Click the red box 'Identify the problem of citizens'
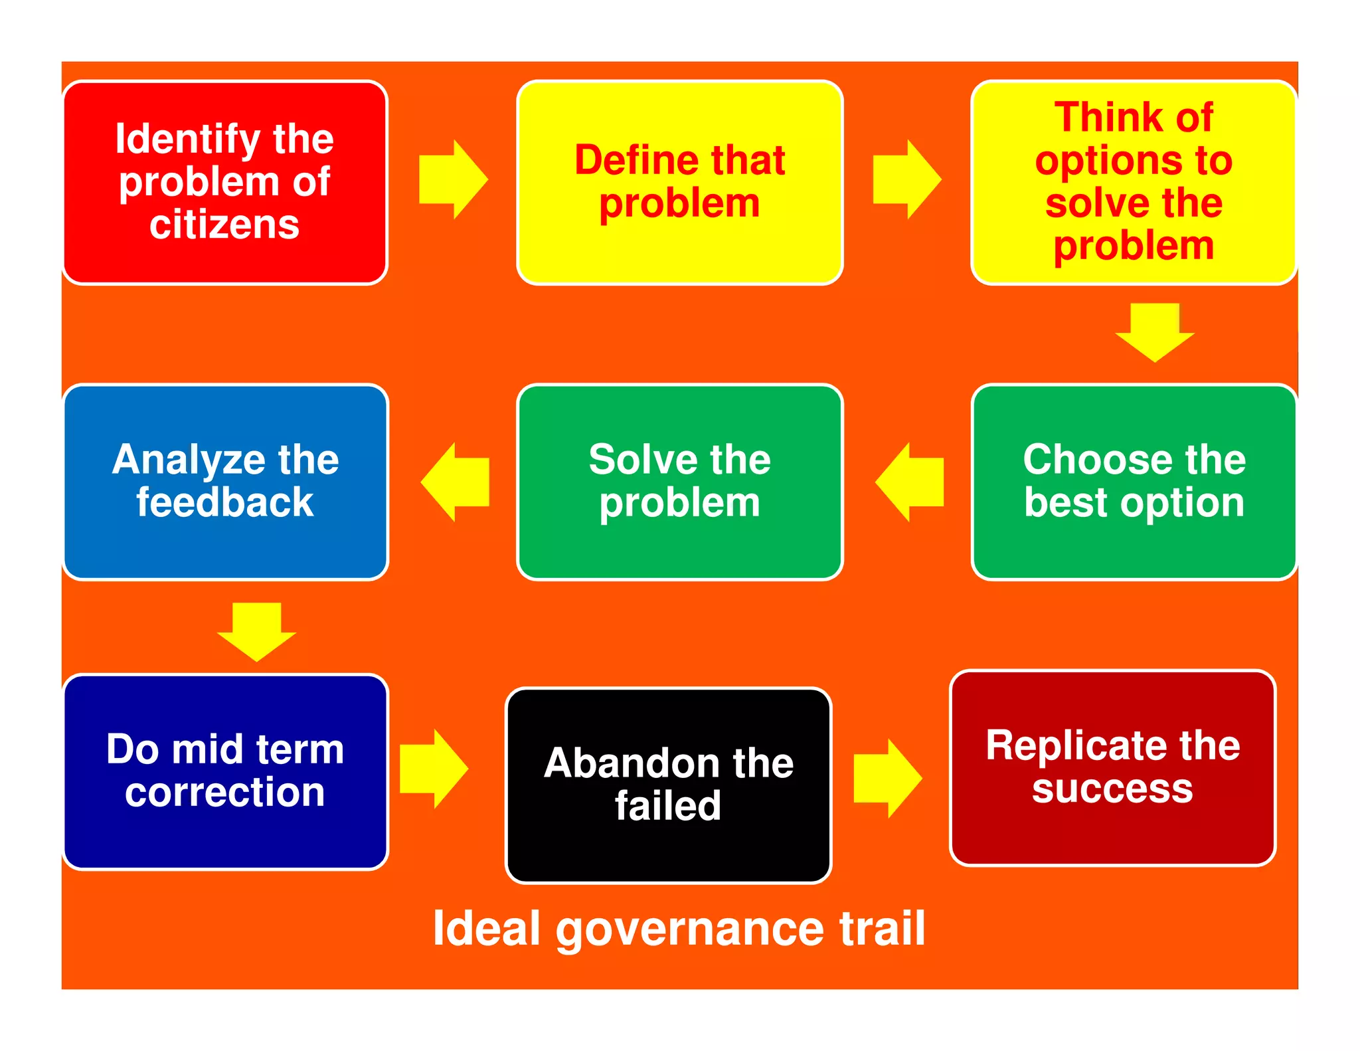point(225,183)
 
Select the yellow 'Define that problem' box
point(679,183)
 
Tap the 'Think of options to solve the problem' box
point(1134,183)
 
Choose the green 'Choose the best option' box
point(1134,482)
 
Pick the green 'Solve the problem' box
point(679,482)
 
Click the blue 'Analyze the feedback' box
point(225,482)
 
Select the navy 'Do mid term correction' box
point(225,771)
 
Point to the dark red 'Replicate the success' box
point(1112,767)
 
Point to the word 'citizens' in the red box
point(224,225)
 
